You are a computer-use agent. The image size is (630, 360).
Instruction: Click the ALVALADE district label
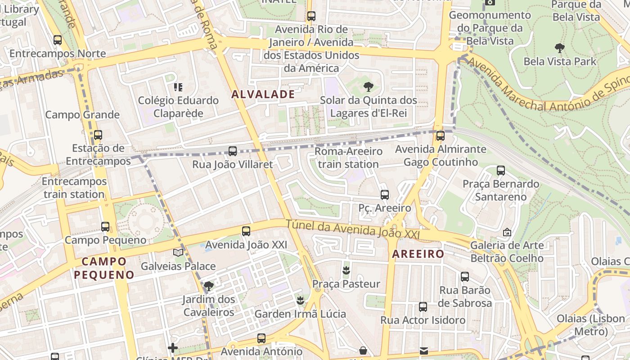263,94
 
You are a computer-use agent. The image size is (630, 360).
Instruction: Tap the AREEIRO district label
418,254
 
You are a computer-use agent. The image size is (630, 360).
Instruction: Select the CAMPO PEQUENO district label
104,268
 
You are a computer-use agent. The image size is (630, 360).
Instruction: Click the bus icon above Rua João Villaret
233,151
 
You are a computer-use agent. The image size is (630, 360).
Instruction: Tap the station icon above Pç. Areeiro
384,195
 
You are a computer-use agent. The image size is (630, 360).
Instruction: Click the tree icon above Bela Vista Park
560,48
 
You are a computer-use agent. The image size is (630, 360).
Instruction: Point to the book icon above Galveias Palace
178,252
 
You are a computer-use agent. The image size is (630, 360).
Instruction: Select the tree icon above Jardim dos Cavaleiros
208,286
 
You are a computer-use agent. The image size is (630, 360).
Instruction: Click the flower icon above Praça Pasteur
346,270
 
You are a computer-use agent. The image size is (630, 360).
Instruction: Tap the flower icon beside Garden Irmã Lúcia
300,300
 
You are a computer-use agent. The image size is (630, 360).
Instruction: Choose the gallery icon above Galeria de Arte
507,232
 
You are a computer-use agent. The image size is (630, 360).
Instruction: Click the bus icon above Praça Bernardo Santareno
501,171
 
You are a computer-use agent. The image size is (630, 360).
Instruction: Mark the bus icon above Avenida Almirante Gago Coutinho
441,135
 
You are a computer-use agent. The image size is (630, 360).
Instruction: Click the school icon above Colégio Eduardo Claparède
178,87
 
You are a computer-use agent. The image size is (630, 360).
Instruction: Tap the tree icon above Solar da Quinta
369,87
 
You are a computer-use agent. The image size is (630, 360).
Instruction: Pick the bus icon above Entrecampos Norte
57,40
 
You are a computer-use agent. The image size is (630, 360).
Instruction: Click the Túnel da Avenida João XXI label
352,229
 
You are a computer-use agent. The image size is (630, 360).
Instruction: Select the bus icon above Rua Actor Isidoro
423,307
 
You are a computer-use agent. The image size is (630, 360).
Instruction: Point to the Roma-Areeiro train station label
348,157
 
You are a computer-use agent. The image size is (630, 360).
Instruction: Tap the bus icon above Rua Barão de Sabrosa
465,277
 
